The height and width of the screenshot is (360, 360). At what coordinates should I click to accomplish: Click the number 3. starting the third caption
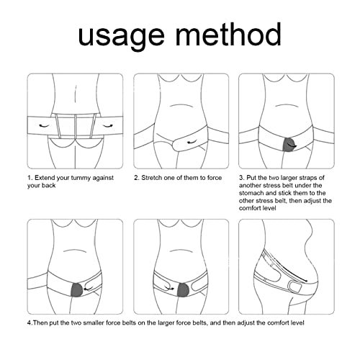pyautogui.click(x=242, y=176)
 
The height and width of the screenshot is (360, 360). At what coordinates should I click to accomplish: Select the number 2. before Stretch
pyautogui.click(x=137, y=176)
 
